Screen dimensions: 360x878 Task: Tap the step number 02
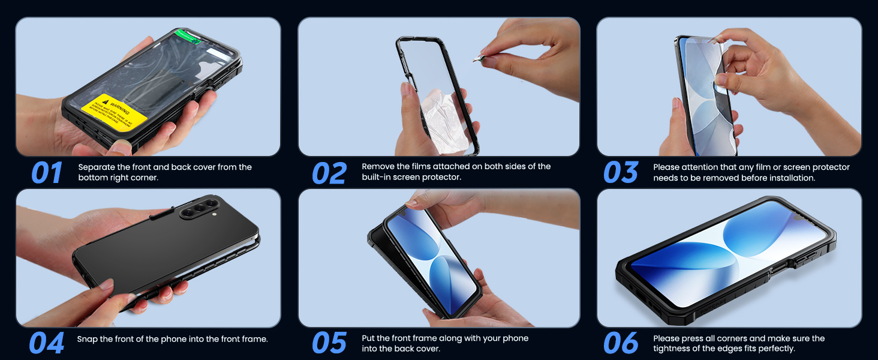[x=329, y=173]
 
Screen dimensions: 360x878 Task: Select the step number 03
[x=621, y=173]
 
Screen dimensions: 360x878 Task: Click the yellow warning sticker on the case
[x=115, y=112]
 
